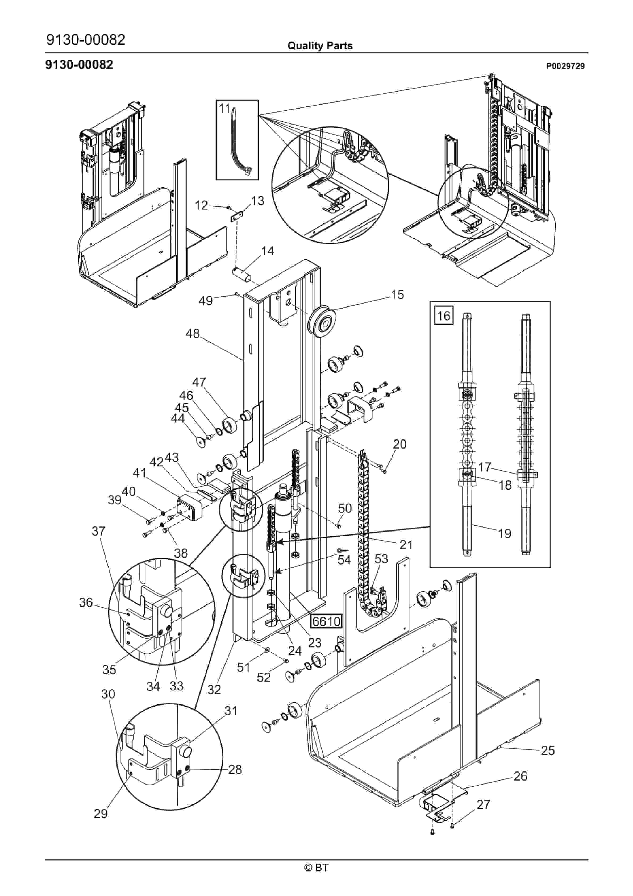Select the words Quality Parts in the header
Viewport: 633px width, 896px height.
point(320,46)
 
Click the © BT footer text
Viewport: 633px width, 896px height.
point(316,878)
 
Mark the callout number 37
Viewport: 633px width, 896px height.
point(98,531)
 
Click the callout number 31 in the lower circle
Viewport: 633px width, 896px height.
point(231,711)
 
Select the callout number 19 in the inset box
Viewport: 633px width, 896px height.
point(504,533)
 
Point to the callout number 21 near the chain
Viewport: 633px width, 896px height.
point(406,544)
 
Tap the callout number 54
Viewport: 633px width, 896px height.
point(344,560)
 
